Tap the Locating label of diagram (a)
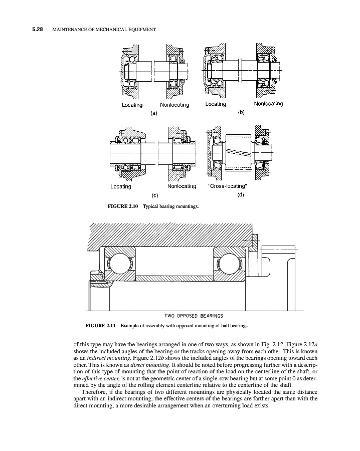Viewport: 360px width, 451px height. point(132,105)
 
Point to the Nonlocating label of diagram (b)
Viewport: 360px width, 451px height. point(268,104)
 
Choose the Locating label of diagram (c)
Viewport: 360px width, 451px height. point(120,186)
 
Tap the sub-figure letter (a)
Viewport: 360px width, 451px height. point(154,113)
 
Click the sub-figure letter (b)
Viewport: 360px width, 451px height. point(241,113)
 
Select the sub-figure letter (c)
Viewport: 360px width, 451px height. point(154,195)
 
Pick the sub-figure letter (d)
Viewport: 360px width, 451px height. point(241,195)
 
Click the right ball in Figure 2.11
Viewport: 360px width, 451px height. point(228,263)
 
